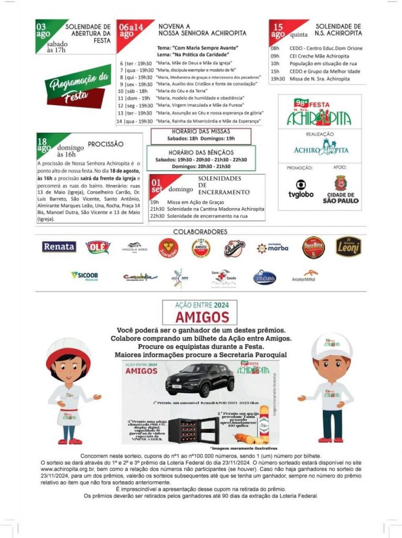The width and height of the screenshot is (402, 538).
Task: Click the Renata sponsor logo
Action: (59, 247)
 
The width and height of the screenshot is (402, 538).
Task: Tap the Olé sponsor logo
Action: (98, 247)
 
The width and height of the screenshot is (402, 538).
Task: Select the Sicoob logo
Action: (84, 275)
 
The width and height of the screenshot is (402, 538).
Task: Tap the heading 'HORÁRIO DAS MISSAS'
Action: (201, 131)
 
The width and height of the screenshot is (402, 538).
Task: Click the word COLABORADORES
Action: (200, 232)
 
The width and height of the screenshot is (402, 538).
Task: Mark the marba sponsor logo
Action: (272, 248)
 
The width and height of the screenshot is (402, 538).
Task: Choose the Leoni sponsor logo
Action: (348, 246)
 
